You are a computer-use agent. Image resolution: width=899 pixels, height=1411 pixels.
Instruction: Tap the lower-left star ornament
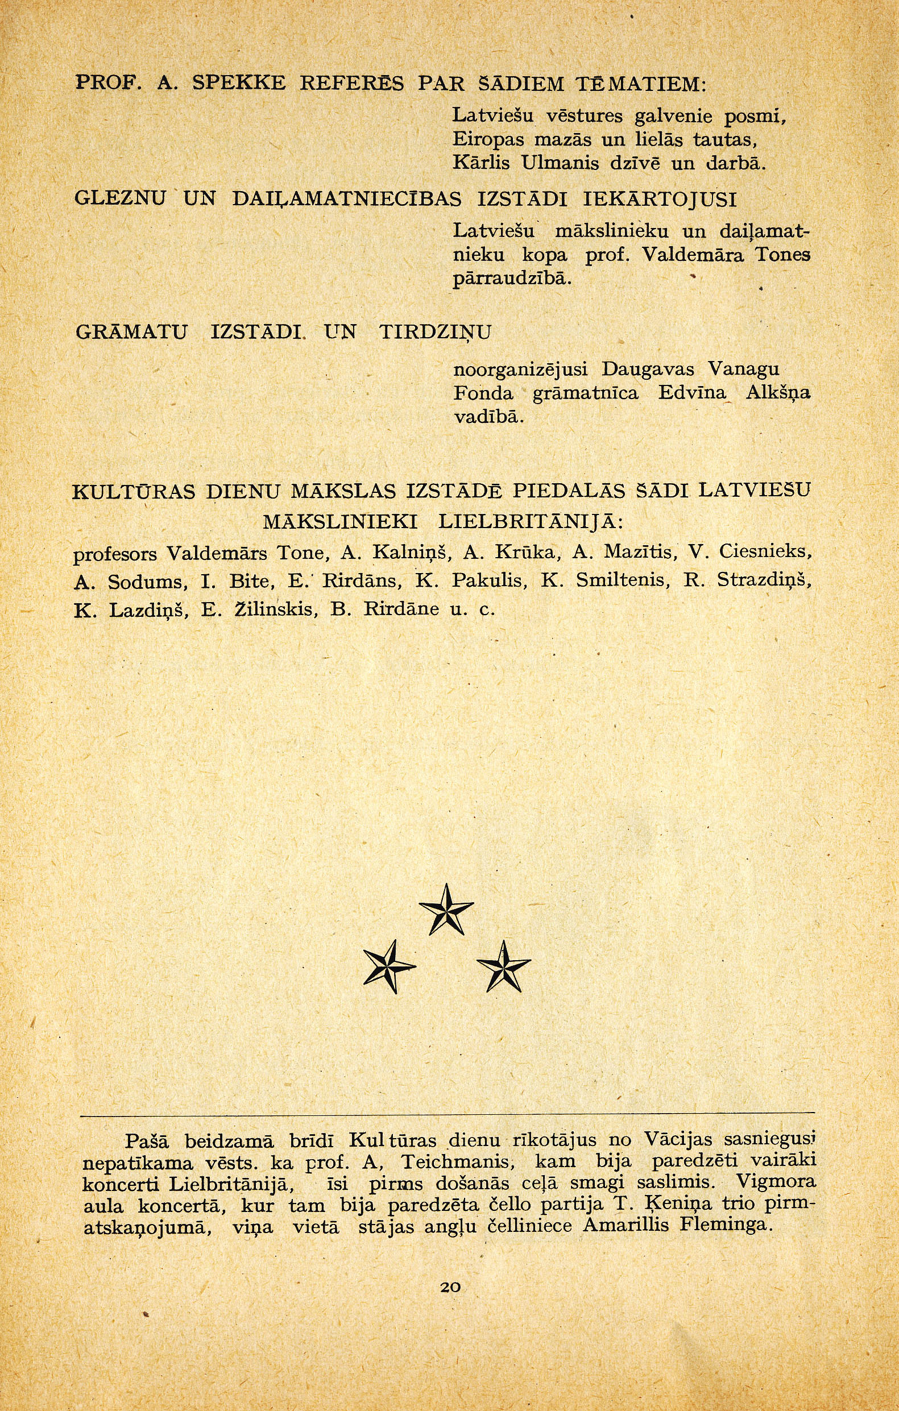(388, 966)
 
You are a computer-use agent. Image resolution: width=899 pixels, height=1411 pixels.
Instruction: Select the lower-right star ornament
(503, 966)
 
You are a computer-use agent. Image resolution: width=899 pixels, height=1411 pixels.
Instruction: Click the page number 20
(450, 1287)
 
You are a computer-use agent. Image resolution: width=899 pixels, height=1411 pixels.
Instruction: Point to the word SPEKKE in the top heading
(238, 83)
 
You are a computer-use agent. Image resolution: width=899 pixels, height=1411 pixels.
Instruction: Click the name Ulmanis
(559, 163)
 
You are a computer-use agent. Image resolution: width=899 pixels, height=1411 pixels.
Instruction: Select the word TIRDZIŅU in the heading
(436, 333)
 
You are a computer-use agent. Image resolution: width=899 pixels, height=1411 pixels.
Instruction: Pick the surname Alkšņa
(778, 393)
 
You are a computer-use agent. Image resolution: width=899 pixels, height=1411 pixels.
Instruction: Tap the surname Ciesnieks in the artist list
(765, 552)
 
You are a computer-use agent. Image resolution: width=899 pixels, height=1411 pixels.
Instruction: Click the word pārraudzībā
(512, 279)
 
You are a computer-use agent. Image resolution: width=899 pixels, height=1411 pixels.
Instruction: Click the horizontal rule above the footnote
(448, 1113)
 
